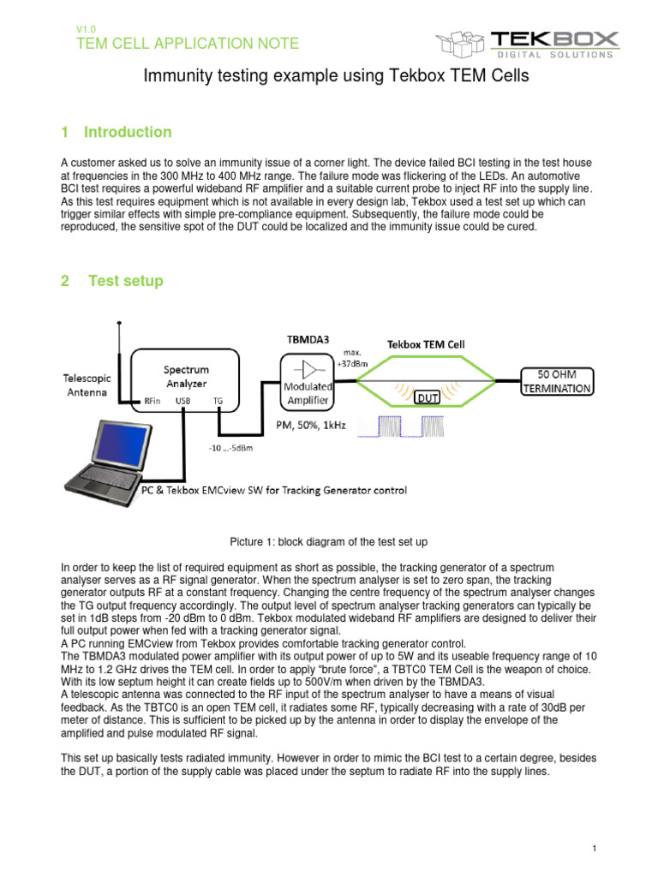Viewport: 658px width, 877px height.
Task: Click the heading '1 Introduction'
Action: pos(117,132)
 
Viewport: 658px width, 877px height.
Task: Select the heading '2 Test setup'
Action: pos(112,281)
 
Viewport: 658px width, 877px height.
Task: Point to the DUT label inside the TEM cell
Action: pos(428,397)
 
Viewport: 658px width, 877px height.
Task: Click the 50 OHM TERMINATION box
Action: pos(558,381)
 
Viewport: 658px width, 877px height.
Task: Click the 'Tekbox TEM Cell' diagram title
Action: pos(426,343)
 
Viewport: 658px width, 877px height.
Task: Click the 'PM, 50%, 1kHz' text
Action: pos(311,425)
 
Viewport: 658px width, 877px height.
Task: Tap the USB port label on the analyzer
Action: pos(183,400)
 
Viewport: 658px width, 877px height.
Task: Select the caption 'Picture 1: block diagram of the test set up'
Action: pos(329,542)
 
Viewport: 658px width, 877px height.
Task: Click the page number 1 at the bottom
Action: pos(593,848)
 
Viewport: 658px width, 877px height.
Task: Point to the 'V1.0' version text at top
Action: pos(87,28)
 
